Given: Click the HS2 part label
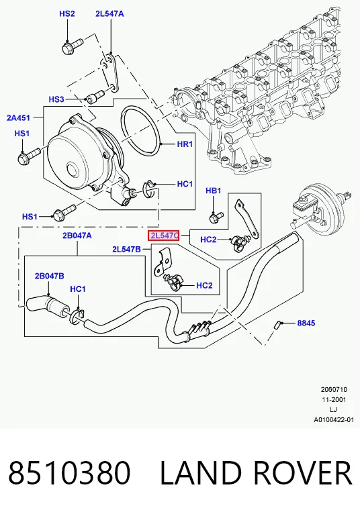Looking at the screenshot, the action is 67,13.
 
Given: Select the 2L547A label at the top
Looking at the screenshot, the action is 109,13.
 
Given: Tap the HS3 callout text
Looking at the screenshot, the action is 56,99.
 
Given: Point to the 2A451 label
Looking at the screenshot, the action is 18,117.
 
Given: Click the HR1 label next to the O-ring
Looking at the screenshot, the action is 185,144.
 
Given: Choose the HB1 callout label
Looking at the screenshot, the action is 214,191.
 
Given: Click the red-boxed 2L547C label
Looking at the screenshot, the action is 163,236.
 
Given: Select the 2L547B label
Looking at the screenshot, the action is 126,249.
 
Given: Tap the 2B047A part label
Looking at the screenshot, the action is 77,236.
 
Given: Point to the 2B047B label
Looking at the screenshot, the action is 50,276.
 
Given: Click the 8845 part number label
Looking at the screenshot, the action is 306,323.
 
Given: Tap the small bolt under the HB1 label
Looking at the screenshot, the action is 216,217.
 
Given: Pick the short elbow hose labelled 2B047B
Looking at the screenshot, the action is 47,307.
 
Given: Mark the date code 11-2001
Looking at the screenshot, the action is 333,400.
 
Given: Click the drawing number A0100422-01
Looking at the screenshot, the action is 334,420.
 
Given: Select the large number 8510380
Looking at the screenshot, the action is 69,472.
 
